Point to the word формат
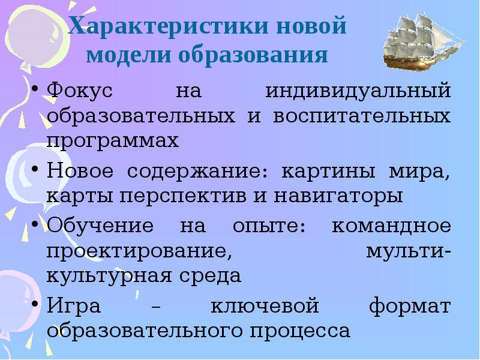pyautogui.click(x=410, y=306)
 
